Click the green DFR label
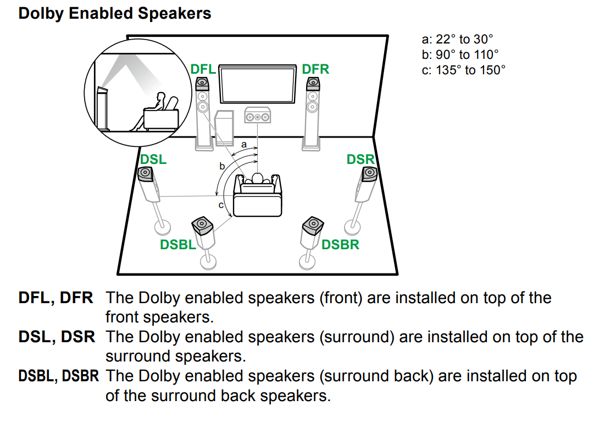[x=315, y=69]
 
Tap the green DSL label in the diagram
[x=153, y=160]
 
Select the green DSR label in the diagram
[x=360, y=160]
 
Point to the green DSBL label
[x=177, y=245]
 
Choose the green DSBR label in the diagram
[x=340, y=244]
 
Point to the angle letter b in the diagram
[x=222, y=166]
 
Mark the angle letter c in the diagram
[x=221, y=205]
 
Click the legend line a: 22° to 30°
[x=457, y=39]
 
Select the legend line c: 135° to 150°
[x=463, y=70]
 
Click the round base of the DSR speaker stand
[x=353, y=226]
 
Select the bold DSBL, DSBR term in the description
[x=59, y=376]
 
